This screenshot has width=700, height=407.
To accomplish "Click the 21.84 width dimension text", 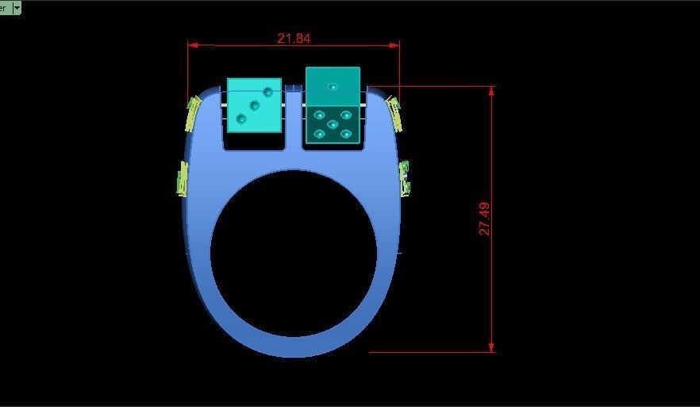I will coord(294,38).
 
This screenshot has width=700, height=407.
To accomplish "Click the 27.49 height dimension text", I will coord(484,219).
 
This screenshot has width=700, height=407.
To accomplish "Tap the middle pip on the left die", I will coord(255,105).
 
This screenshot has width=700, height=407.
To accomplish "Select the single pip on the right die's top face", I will coord(333,87).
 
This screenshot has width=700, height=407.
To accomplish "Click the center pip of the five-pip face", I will coord(333,124).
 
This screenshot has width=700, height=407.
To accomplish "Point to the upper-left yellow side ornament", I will coord(192,114).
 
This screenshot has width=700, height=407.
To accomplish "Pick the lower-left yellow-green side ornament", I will coord(183,178).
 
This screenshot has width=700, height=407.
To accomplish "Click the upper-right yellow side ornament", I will coord(393,113).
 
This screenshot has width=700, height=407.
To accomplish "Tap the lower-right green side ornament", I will coord(405,177).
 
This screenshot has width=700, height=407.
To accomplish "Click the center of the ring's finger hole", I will coord(294,253).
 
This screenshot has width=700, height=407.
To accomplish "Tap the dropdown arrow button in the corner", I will coord(17,7).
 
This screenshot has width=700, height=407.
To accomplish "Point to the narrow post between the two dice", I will coord(294,115).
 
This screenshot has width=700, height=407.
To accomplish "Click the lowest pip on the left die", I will coord(241,118).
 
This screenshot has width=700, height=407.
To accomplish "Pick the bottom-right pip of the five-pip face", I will coord(346,134).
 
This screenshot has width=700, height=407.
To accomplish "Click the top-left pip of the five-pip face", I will coord(320,115).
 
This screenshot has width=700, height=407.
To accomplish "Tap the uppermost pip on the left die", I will coord(268,91).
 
